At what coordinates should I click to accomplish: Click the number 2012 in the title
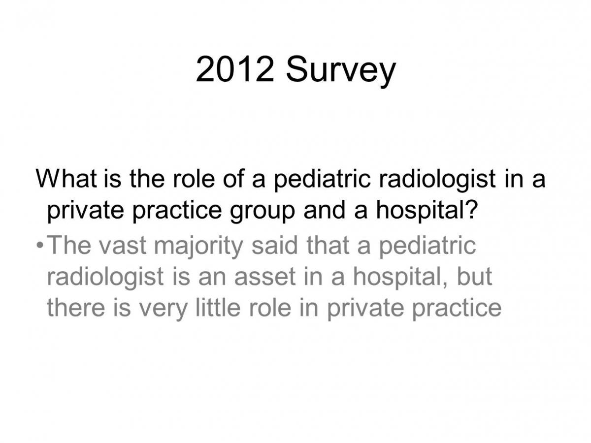(234, 69)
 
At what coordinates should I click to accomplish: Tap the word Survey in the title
(341, 72)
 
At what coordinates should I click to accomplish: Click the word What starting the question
(66, 178)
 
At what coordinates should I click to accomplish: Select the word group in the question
(262, 212)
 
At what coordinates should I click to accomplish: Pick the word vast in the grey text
(123, 245)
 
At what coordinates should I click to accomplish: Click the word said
(274, 245)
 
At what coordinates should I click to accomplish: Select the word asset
(265, 277)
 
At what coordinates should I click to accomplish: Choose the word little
(218, 307)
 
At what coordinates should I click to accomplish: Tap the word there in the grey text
(76, 307)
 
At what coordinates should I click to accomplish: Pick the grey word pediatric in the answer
(427, 247)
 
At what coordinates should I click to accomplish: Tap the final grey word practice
(457, 309)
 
